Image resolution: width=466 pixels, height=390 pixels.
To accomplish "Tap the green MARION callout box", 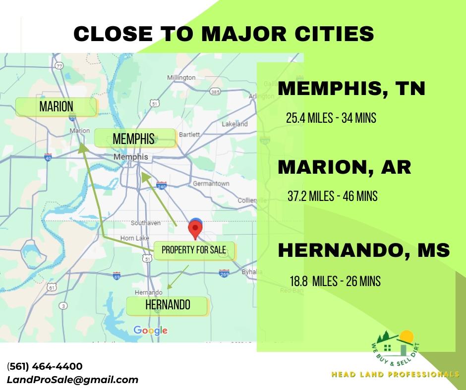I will pos(56,106).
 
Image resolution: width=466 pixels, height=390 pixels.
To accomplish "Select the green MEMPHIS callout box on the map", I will pos(134,138).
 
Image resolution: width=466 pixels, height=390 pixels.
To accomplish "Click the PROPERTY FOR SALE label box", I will pos(194,250).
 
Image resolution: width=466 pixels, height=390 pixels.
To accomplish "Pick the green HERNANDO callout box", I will pos(168,305).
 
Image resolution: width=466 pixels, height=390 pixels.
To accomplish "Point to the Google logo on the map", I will pos(151,330).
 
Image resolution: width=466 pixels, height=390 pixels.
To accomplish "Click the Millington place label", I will pos(181,78).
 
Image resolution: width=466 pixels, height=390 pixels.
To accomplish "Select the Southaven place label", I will pos(146,223).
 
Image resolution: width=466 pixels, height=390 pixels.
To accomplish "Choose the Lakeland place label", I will pos(235,124).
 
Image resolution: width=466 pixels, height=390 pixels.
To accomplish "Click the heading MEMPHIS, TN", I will pos(351,89).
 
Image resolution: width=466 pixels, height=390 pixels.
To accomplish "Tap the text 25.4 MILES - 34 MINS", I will pos(331,119).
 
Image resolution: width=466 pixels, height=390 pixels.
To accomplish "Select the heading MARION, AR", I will pos(345,167).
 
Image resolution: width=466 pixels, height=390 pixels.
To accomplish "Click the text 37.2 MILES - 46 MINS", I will pos(332,196).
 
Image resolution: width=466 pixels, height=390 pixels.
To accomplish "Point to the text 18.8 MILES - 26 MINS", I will pos(335,282).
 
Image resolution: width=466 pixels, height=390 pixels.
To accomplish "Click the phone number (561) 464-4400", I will pos(45,367).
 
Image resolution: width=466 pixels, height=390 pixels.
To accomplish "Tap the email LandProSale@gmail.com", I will pos(72,380).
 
